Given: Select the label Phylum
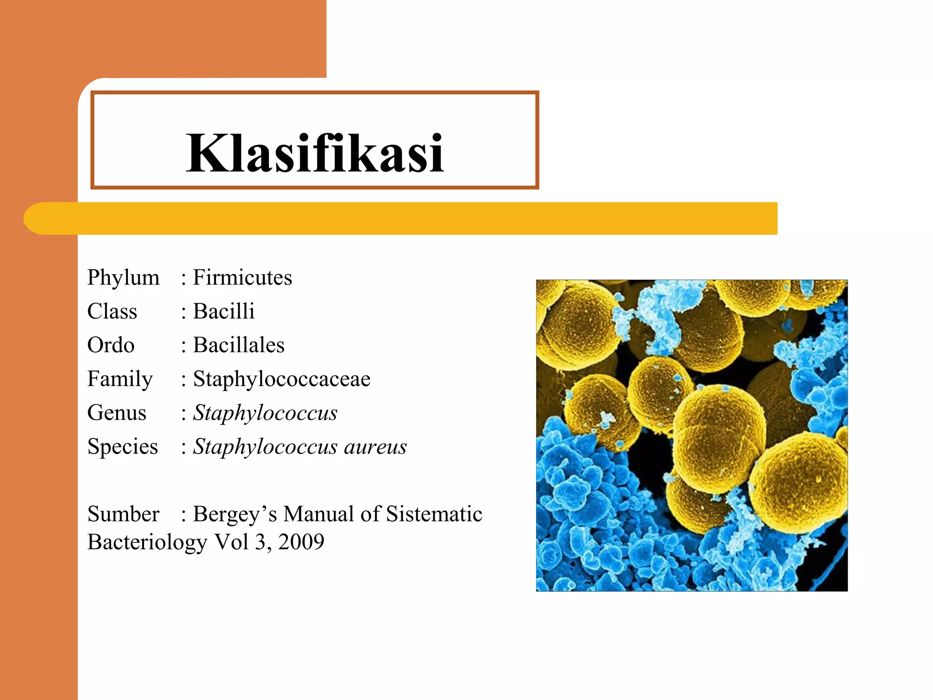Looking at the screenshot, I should tap(123, 278).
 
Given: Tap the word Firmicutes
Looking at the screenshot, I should tap(242, 278).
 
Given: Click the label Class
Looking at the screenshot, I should tap(112, 312).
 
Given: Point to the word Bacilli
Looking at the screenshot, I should tap(224, 312).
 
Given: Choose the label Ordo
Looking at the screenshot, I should tap(111, 345).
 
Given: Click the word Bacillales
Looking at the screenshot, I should tap(239, 345).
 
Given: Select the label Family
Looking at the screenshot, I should tap(120, 379).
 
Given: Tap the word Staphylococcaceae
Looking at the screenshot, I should tap(282, 379).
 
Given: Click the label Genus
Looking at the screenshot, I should tap(117, 413).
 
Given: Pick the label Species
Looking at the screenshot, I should tap(123, 447).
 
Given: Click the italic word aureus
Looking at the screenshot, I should tap(375, 447).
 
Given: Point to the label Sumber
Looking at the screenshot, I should tap(123, 514).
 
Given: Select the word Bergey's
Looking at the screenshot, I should tap(235, 514).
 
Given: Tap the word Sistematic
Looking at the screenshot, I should tap(434, 514).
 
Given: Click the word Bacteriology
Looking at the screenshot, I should tap(147, 542).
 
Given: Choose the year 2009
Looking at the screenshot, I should tap(301, 542).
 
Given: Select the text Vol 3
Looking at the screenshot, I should tap(240, 542).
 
